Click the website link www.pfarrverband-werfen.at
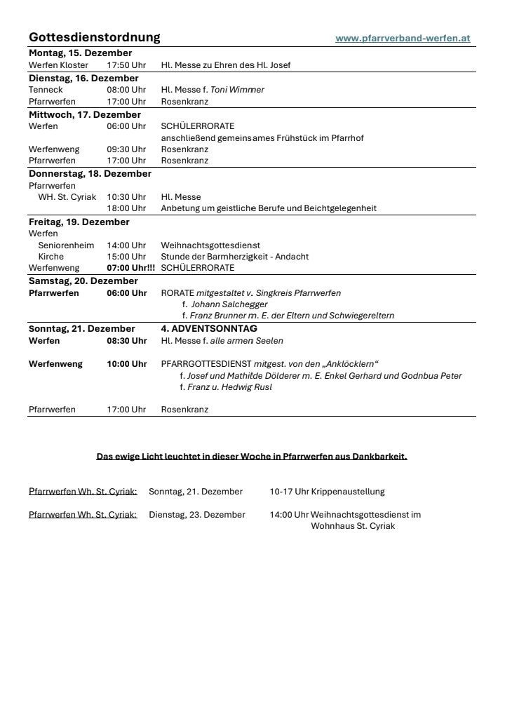click(x=403, y=39)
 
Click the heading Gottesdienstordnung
click(x=95, y=37)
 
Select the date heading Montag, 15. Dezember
click(x=80, y=53)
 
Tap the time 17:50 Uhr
click(x=126, y=65)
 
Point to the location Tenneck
click(x=46, y=90)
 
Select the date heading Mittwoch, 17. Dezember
click(x=85, y=114)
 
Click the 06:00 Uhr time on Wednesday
click(x=126, y=126)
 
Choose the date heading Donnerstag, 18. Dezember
click(x=90, y=173)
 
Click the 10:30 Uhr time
click(x=126, y=197)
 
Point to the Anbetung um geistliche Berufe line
click(x=269, y=208)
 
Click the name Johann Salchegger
click(x=229, y=304)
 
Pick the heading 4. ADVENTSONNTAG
click(x=209, y=329)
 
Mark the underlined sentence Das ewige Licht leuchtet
click(x=251, y=457)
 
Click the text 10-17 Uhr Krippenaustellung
click(x=327, y=492)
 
